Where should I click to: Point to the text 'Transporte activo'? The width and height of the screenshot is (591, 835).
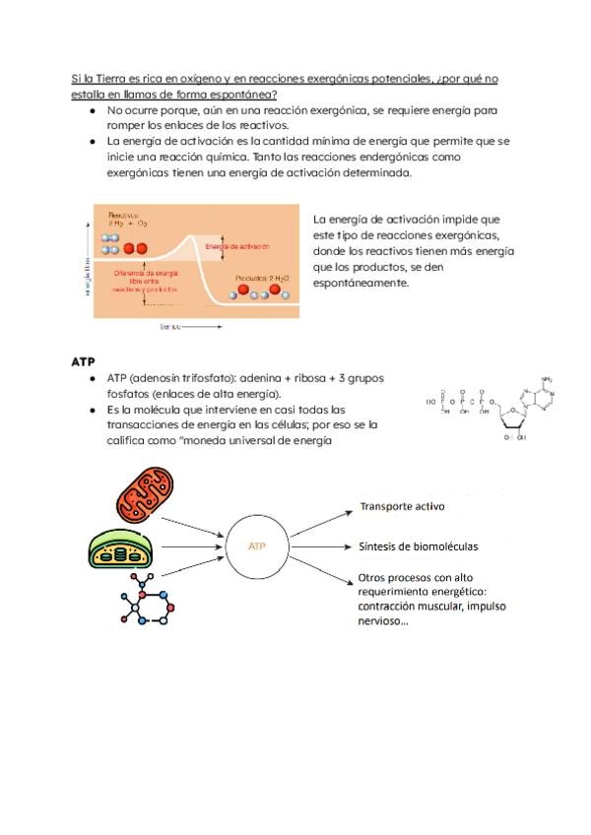click(401, 507)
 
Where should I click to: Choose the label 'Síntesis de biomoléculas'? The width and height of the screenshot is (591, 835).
click(418, 546)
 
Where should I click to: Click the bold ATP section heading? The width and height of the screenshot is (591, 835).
click(83, 361)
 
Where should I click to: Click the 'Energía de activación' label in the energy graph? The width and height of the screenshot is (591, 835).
click(237, 246)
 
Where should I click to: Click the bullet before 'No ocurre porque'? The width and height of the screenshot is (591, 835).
click(91, 111)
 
